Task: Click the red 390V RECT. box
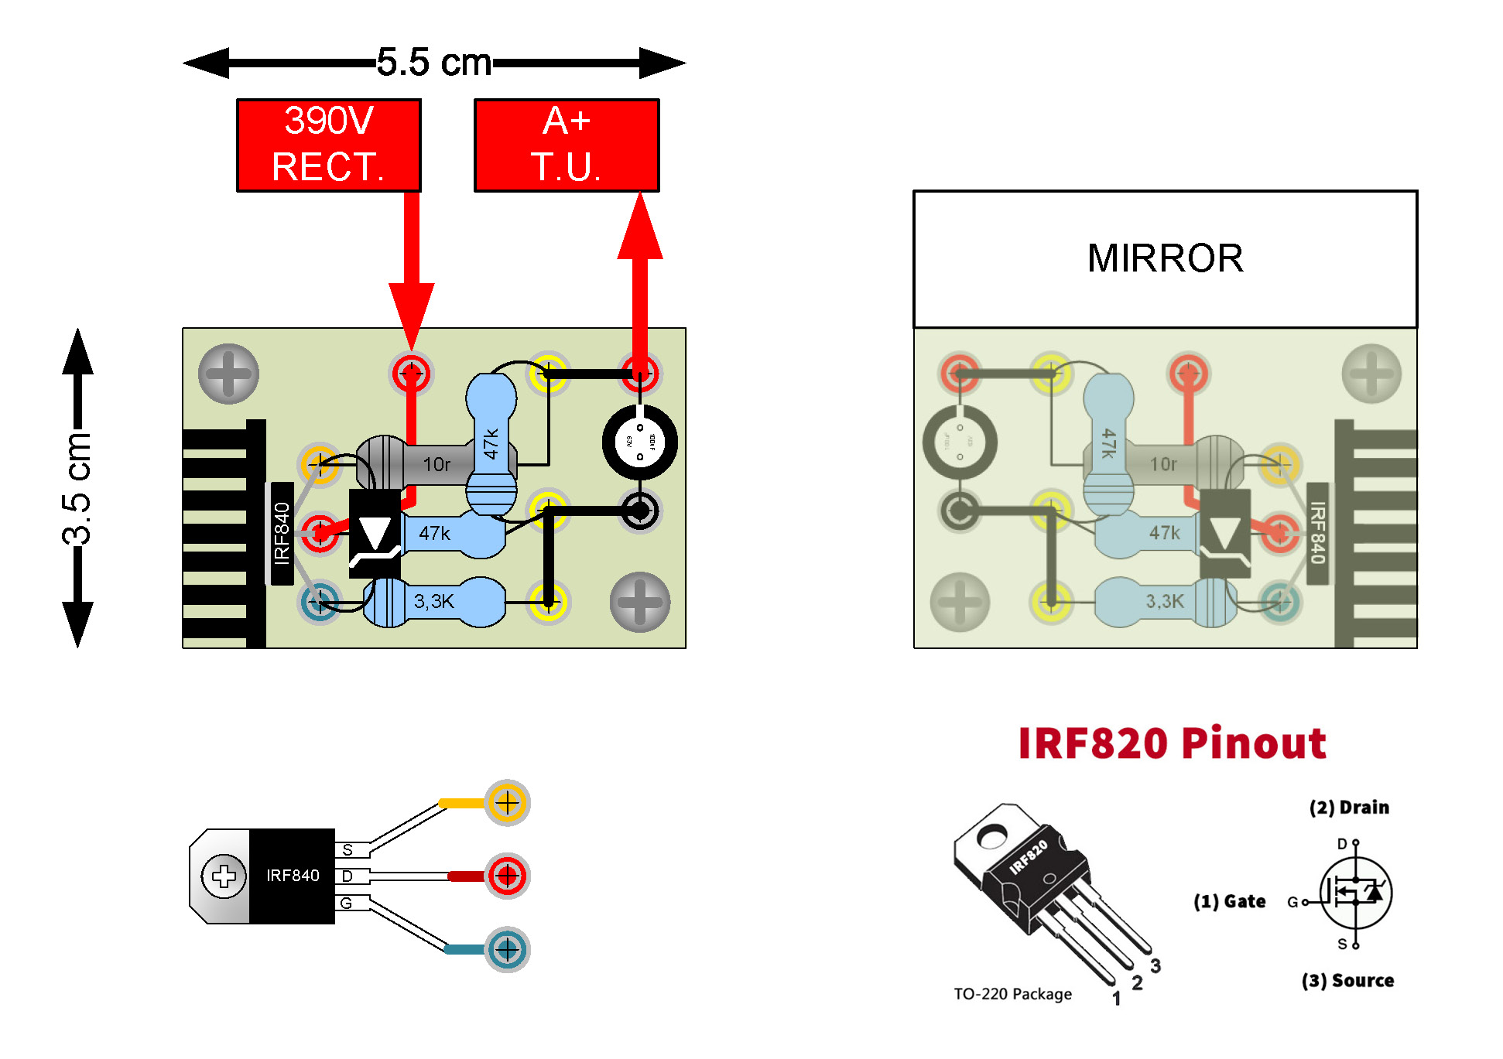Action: (329, 145)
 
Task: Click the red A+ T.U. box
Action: (567, 145)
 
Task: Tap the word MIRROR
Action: (1165, 258)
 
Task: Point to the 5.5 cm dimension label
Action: (434, 63)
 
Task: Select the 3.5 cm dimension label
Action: (77, 488)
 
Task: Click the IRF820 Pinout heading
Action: (1172, 743)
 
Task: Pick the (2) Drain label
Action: (1349, 808)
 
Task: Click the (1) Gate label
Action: (1229, 901)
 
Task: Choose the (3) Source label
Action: (1347, 981)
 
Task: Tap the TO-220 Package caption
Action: (1012, 994)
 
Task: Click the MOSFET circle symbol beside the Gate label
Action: (1355, 893)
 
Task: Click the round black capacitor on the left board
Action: (640, 442)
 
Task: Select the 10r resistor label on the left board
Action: (437, 464)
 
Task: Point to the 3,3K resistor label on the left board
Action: (433, 601)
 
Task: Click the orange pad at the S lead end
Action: (507, 803)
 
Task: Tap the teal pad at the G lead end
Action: (507, 949)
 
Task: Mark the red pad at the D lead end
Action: (507, 876)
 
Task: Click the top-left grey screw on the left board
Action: (228, 374)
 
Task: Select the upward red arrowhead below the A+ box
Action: (640, 227)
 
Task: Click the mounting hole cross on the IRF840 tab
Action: (224, 876)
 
